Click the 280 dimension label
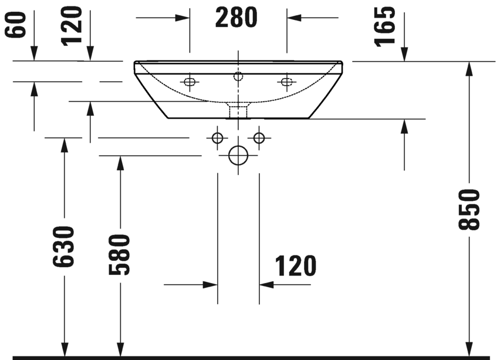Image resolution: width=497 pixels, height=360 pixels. (x=236, y=18)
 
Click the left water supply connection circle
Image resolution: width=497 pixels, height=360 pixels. (x=217, y=138)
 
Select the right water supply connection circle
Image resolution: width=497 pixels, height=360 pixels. (x=259, y=138)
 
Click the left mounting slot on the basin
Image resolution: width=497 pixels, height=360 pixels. (x=190, y=81)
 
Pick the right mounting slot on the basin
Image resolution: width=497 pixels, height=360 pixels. (x=286, y=81)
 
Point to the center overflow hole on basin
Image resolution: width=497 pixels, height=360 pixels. (x=238, y=76)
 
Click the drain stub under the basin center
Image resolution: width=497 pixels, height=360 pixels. (x=238, y=110)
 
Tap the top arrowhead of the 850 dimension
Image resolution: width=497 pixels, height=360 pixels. (x=469, y=68)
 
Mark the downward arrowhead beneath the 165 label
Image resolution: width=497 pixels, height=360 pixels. (x=404, y=53)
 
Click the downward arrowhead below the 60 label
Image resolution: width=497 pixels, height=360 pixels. (x=35, y=53)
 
